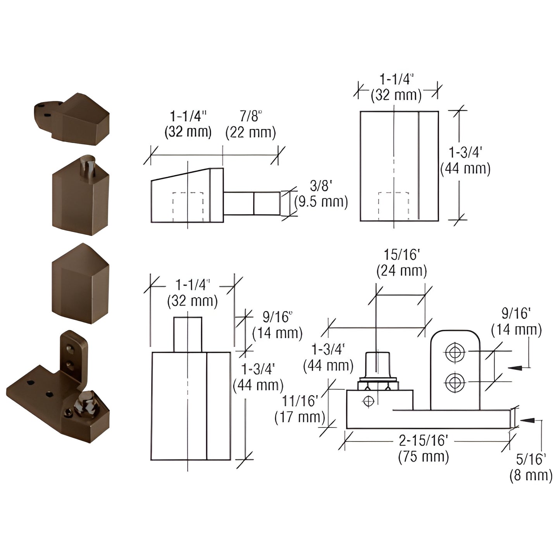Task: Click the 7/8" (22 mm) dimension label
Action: pyautogui.click(x=251, y=124)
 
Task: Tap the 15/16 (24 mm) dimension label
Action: pyautogui.click(x=401, y=263)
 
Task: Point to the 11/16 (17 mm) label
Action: pyautogui.click(x=300, y=409)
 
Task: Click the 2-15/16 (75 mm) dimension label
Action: pyautogui.click(x=423, y=449)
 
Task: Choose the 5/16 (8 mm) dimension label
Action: pyautogui.click(x=531, y=467)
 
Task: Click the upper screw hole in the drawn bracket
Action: pyautogui.click(x=455, y=352)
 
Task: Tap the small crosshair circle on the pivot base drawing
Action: pyautogui.click(x=368, y=401)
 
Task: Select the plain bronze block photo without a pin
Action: pyautogui.click(x=81, y=284)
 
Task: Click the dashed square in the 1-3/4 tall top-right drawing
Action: pyautogui.click(x=393, y=206)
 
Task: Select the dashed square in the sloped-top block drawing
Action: pyautogui.click(x=188, y=207)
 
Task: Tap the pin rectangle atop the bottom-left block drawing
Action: pyautogui.click(x=188, y=334)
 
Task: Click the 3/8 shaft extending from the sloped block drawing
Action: pyautogui.click(x=252, y=203)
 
